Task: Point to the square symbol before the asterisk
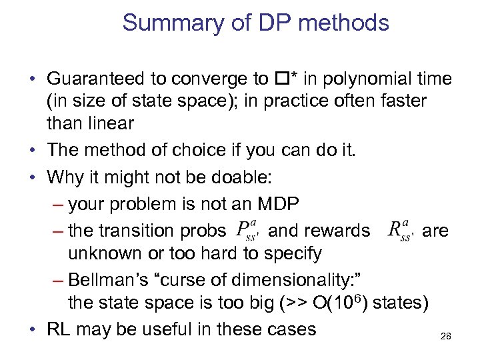click(x=280, y=79)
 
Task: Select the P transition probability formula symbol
click(x=250, y=230)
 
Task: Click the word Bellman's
click(x=118, y=279)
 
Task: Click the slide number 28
click(x=445, y=337)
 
